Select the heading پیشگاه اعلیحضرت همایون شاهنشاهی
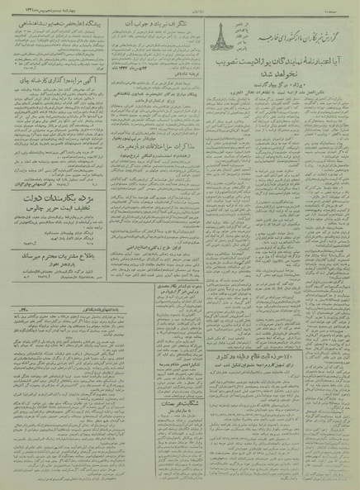[x=54, y=25]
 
